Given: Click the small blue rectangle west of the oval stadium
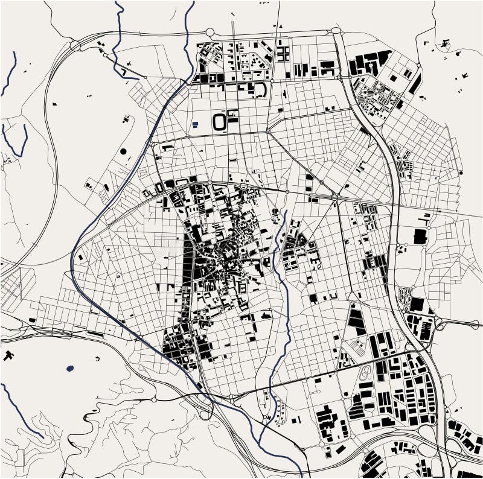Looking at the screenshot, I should point(196,124).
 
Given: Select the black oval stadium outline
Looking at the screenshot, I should point(220,122).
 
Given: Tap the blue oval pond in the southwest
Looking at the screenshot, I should point(70,367).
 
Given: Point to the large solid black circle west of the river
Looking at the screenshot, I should point(124,151).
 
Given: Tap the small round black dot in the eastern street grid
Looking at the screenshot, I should point(461,173).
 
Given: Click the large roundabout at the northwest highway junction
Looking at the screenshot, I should point(76,45).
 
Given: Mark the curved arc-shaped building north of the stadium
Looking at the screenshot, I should point(261,90).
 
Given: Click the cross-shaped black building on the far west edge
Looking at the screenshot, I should point(8,355).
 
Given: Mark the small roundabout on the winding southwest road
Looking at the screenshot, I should point(155,399).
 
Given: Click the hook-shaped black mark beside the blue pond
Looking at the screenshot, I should point(97,360).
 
